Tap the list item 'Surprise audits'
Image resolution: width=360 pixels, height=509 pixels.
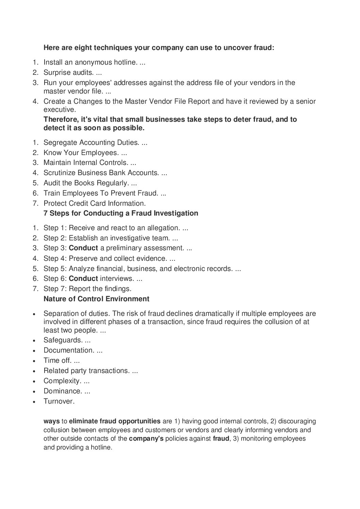coord(68,72)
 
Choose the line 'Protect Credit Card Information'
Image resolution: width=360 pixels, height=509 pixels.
coord(94,203)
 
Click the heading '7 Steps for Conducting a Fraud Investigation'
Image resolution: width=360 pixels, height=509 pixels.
coord(121,214)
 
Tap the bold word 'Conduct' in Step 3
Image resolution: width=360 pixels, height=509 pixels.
coord(83,248)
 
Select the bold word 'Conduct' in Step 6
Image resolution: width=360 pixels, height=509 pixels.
coord(83,279)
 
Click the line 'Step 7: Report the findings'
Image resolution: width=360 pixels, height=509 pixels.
coord(87,289)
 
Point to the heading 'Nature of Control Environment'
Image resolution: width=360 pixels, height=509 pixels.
coord(96,299)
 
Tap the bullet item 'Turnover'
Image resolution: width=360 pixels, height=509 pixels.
coord(59,401)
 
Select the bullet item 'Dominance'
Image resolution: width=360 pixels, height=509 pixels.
coord(63,391)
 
